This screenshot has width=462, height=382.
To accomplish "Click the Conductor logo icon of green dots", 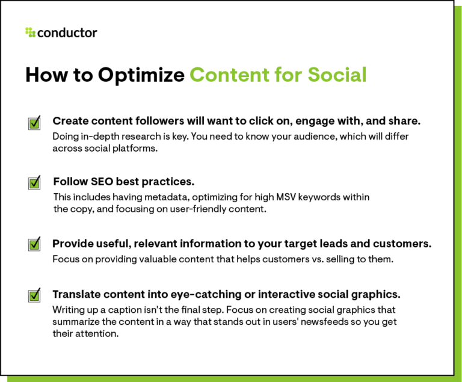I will click(x=30, y=32).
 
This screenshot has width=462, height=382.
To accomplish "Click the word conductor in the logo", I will click(x=67, y=32).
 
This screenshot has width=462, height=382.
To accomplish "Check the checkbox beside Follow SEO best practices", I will click(x=34, y=183).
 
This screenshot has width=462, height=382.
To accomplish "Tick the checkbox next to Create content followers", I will click(x=34, y=123).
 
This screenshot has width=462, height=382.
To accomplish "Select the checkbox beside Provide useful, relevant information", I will click(x=34, y=244).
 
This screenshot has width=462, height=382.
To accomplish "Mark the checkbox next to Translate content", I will click(x=34, y=295).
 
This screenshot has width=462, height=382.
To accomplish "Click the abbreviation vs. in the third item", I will click(x=303, y=259).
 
